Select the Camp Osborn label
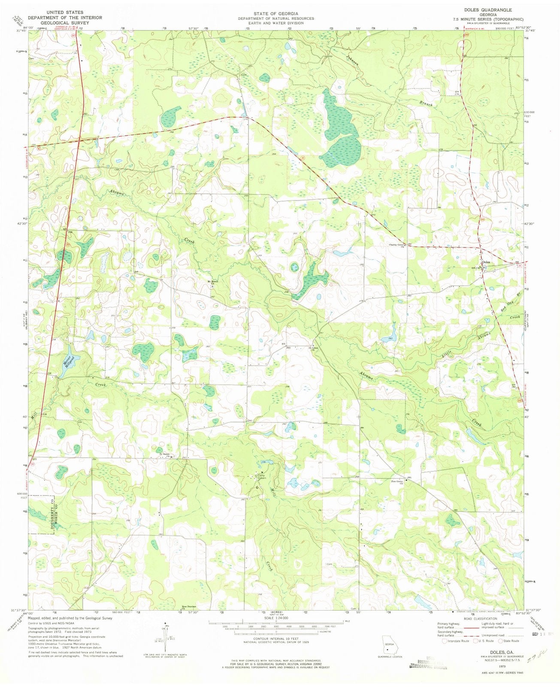(x=262, y=477)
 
